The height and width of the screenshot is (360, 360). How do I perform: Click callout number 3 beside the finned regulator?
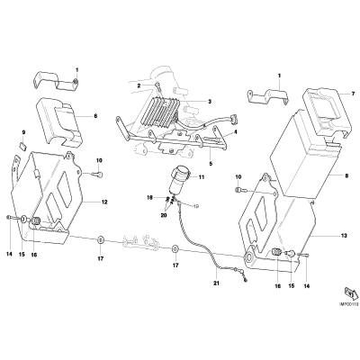[x=210, y=102]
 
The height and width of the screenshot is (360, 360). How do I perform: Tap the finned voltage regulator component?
[x=160, y=111]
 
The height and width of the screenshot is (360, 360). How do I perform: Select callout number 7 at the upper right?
[x=353, y=94]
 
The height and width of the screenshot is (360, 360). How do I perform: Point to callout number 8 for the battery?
[x=346, y=176]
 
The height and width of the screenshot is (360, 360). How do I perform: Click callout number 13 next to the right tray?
[x=344, y=236]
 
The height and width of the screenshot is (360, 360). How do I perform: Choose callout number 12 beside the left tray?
[x=104, y=202]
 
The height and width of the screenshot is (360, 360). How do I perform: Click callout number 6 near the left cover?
[x=95, y=115]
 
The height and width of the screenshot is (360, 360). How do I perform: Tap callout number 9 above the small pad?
[x=23, y=132]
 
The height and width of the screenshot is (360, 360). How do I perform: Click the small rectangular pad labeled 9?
[x=23, y=147]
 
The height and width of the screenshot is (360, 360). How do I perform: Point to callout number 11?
[x=201, y=177]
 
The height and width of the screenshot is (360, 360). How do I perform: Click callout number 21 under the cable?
[x=217, y=283]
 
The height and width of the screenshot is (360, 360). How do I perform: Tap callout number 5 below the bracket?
[x=211, y=164]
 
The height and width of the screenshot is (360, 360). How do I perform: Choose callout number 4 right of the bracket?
[x=235, y=131]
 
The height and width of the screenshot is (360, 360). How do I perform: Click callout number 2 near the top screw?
[x=139, y=85]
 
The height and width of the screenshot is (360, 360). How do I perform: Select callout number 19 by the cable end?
[x=195, y=206]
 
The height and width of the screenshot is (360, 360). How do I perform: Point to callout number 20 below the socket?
[x=164, y=215]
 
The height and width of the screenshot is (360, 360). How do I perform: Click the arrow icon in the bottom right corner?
[x=350, y=294]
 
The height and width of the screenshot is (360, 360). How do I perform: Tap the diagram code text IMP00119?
[x=349, y=304]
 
